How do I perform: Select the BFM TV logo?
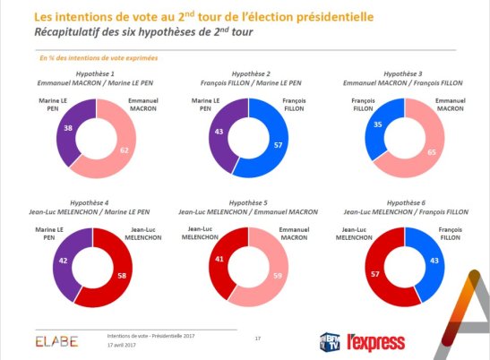click(x=331, y=339)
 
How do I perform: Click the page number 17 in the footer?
click(x=258, y=338)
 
